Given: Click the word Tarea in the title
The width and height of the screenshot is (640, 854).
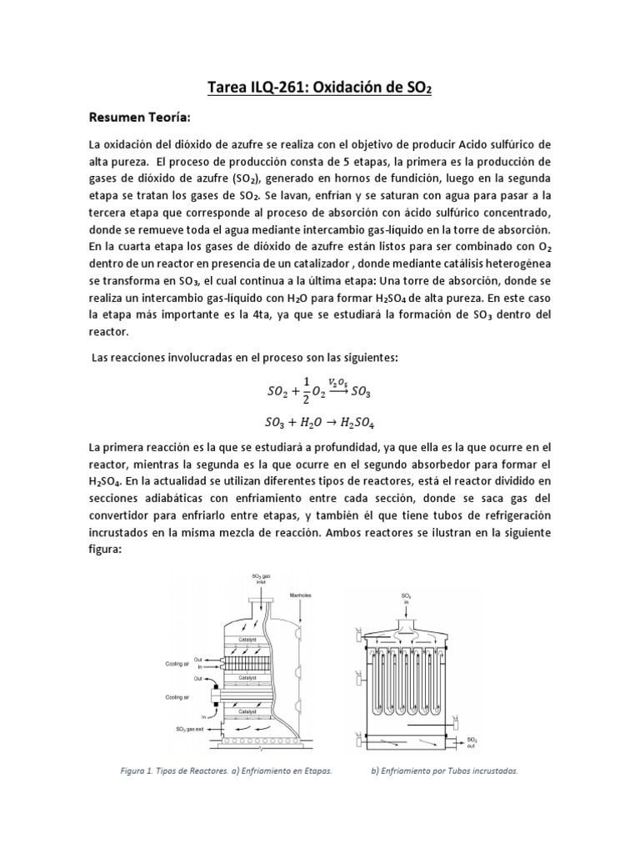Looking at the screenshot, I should [x=225, y=88].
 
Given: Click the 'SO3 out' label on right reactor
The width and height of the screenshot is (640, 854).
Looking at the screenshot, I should [x=471, y=741].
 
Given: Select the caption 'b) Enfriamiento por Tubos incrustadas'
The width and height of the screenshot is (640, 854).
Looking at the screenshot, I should [x=443, y=771].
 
